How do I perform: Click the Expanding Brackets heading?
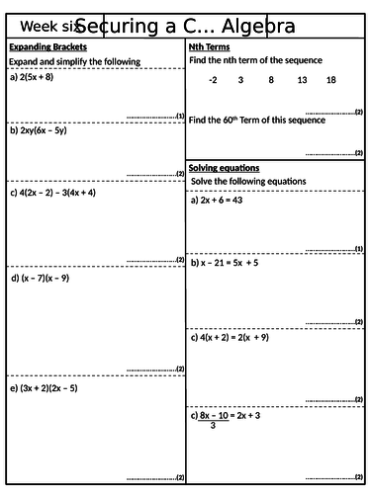47,47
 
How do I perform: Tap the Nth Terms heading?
209,47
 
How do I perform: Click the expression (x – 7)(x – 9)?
45,278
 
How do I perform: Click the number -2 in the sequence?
213,80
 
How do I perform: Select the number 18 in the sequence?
330,80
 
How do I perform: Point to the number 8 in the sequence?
271,80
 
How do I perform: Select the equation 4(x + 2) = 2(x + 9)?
240,337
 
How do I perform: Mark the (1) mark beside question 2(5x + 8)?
179,116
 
